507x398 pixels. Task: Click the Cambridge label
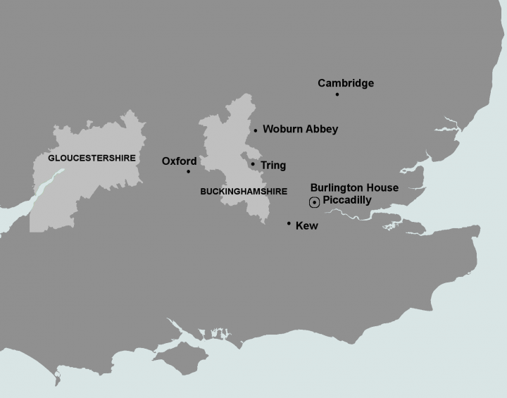tap(346, 83)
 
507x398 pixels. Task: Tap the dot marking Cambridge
tap(337, 94)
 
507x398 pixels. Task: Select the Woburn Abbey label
tap(300, 129)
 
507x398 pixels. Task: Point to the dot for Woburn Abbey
tap(256, 130)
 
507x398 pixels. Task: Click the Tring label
tap(273, 166)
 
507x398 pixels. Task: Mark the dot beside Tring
tap(253, 163)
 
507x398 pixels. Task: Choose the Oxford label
tap(179, 161)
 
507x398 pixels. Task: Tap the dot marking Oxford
tap(188, 171)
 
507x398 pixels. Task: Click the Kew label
tap(307, 226)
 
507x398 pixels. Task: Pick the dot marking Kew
tap(289, 223)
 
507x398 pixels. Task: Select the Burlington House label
tap(354, 187)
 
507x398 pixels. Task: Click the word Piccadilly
tap(346, 200)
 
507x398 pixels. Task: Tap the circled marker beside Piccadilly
tap(314, 203)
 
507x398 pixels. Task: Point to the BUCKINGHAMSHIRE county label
tap(244, 191)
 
